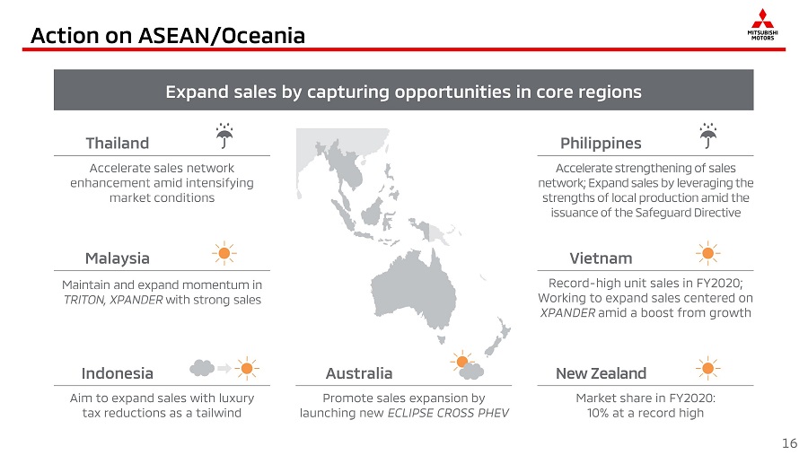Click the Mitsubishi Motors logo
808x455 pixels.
762,24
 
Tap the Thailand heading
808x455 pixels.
117,143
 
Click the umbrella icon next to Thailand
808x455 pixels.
224,136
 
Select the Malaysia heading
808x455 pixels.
117,258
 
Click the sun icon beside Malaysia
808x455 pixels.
224,253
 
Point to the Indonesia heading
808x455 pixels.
117,373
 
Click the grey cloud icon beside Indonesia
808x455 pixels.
202,368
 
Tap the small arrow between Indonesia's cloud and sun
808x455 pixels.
224,368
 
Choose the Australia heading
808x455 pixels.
358,373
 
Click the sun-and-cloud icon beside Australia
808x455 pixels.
467,365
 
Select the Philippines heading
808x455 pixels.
601,143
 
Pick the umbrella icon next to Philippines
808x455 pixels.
708,136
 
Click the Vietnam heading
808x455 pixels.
601,258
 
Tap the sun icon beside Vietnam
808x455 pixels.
708,253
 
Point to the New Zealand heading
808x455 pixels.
601,373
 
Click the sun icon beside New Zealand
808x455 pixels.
708,368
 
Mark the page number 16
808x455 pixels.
789,443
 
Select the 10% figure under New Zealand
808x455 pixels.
598,413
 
